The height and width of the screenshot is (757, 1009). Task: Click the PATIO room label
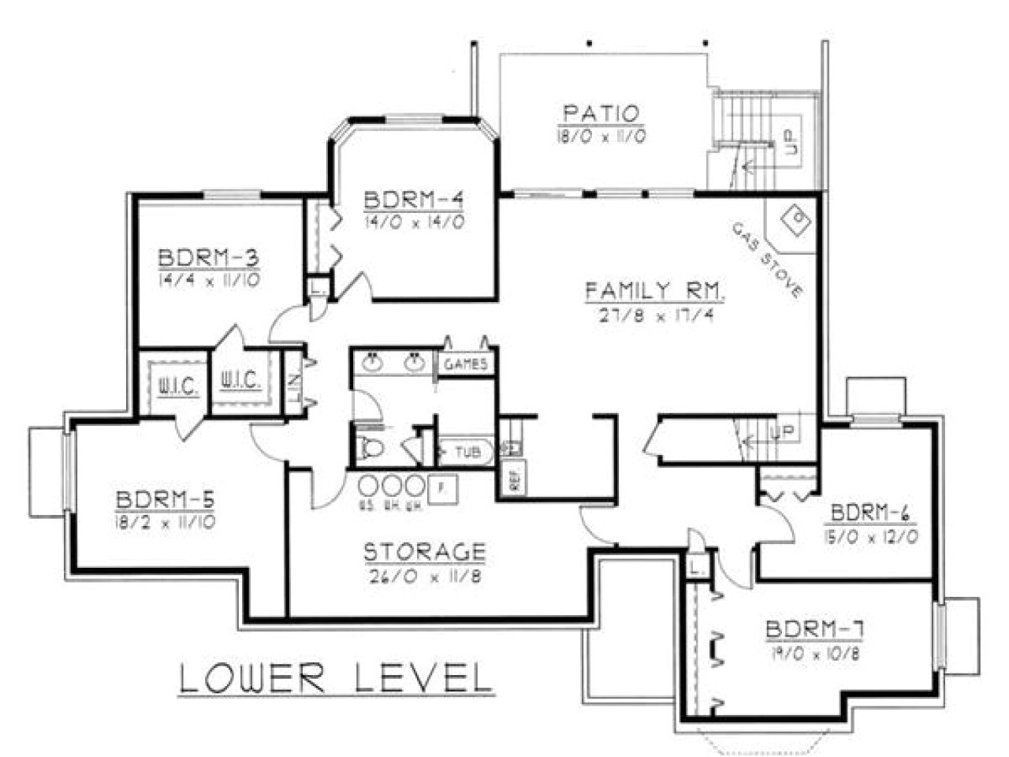[600, 114]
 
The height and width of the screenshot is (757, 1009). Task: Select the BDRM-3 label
[209, 259]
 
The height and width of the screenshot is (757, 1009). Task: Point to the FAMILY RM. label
[654, 291]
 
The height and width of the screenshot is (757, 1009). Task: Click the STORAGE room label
[424, 551]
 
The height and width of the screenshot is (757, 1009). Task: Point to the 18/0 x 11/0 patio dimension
[600, 136]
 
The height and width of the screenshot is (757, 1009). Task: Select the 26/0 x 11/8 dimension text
[424, 576]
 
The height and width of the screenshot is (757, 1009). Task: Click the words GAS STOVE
[766, 259]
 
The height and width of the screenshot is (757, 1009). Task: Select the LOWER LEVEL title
[336, 678]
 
